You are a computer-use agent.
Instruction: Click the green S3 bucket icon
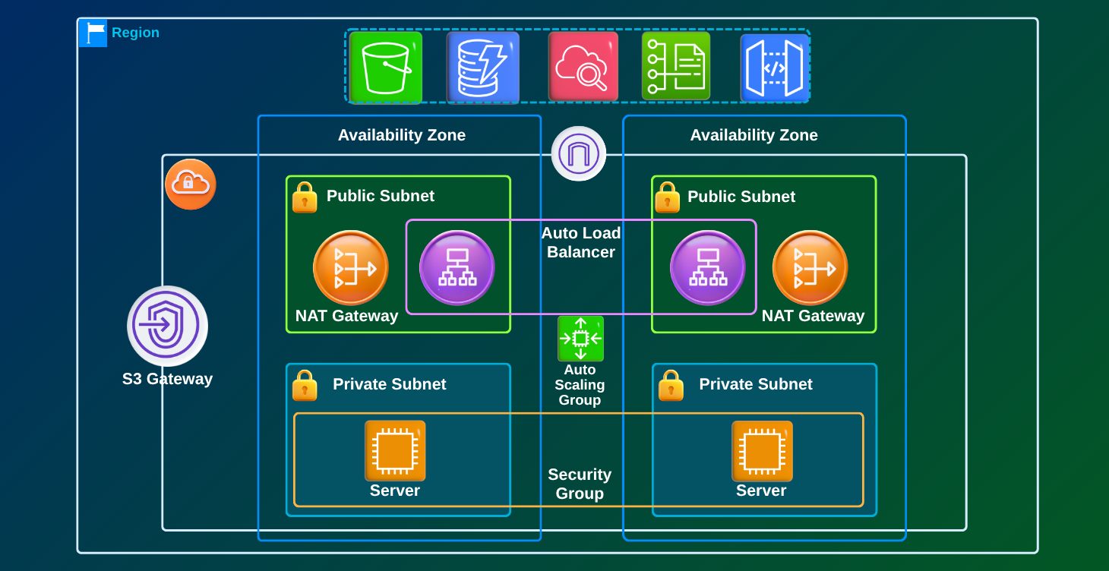pyautogui.click(x=385, y=67)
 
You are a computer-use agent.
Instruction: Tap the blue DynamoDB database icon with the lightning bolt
pyautogui.click(x=482, y=67)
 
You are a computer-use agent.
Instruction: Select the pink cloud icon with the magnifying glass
pyautogui.click(x=583, y=67)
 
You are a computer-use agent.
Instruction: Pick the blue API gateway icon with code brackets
pyautogui.click(x=774, y=67)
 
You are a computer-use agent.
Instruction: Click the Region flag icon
pyautogui.click(x=93, y=33)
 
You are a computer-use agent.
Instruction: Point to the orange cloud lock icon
pyautogui.click(x=191, y=184)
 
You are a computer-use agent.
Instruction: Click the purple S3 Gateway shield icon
pyautogui.click(x=167, y=326)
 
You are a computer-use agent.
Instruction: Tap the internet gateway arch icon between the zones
pyautogui.click(x=579, y=153)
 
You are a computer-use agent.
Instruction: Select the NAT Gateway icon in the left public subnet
pyautogui.click(x=351, y=268)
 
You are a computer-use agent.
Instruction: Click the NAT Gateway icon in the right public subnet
pyautogui.click(x=810, y=268)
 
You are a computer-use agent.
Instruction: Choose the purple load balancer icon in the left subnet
pyautogui.click(x=457, y=268)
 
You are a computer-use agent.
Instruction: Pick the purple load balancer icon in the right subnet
pyautogui.click(x=707, y=268)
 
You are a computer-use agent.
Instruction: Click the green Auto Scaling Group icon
pyautogui.click(x=580, y=339)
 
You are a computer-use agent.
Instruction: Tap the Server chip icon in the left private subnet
pyautogui.click(x=395, y=451)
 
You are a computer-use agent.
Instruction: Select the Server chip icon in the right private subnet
pyautogui.click(x=762, y=451)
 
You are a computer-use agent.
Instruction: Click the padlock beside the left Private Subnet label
pyautogui.click(x=305, y=386)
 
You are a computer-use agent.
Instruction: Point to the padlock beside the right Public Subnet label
pyautogui.click(x=667, y=197)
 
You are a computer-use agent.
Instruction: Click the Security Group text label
pyautogui.click(x=580, y=484)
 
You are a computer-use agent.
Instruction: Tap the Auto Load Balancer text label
pyautogui.click(x=581, y=242)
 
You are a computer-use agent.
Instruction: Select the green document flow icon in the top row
pyautogui.click(x=676, y=67)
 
